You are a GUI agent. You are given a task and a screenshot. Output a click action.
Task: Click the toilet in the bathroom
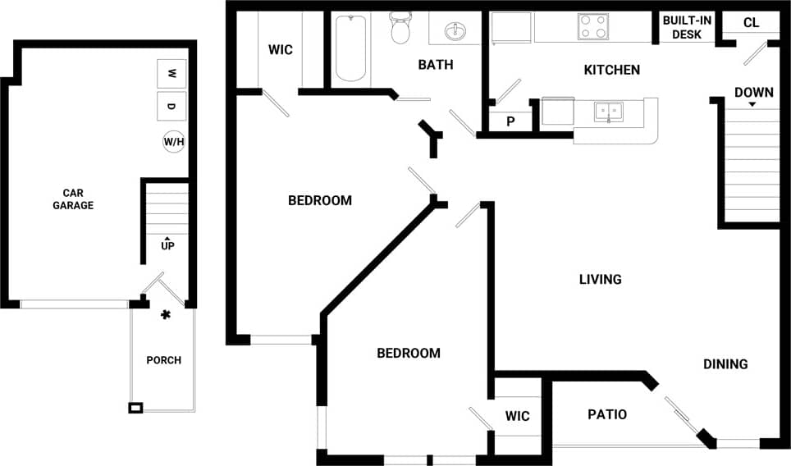[x=400, y=29]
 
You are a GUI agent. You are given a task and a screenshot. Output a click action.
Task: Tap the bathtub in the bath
[x=350, y=47]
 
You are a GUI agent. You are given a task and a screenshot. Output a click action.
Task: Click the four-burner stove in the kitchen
[x=593, y=27]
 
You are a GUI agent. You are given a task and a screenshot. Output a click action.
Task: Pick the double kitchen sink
[x=608, y=112]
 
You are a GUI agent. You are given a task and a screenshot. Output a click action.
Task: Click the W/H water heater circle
[x=174, y=142]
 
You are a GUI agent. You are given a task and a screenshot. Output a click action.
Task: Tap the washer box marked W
[x=171, y=73]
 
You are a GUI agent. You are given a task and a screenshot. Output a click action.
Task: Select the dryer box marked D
[x=171, y=107]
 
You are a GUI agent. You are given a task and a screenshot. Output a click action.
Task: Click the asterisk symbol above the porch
[x=166, y=315]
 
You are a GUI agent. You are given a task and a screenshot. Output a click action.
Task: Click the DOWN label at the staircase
[x=753, y=92]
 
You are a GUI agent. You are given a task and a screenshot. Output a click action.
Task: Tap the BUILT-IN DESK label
[x=687, y=27]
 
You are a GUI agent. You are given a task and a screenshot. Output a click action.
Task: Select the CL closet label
[x=751, y=23]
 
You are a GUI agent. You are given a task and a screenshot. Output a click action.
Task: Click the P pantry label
[x=510, y=122]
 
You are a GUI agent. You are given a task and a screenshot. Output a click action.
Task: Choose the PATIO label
[x=607, y=414]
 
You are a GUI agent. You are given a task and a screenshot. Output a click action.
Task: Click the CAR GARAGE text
[x=73, y=199]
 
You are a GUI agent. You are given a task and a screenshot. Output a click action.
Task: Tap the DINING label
[x=725, y=364]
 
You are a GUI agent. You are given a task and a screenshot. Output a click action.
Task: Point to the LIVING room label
[x=600, y=280]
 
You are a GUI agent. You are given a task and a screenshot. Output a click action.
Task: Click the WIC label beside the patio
[x=517, y=416]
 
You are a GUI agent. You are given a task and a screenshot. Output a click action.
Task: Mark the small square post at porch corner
[x=135, y=408]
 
